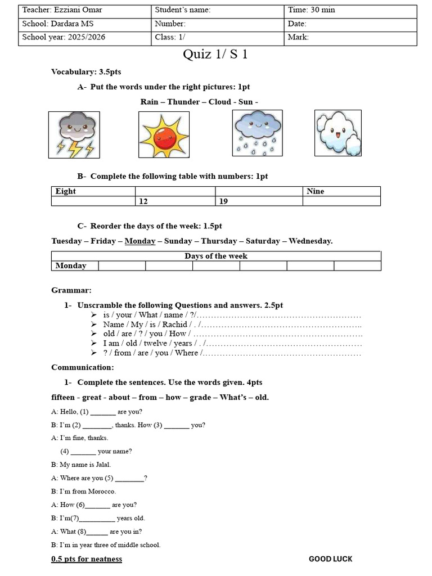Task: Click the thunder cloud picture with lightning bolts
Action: coord(74,134)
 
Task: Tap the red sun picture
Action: coord(164,134)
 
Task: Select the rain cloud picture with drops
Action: coord(257,133)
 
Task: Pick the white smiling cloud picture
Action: coord(337,133)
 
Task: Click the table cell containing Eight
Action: coord(93,191)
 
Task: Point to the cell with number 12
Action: coord(174,201)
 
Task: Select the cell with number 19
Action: coord(258,201)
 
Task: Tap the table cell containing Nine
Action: coord(341,191)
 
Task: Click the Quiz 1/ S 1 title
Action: coord(215,55)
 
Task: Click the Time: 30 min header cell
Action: coord(350,10)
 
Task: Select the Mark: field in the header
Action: coord(350,38)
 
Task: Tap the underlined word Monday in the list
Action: coord(139,241)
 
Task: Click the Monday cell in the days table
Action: coord(75,265)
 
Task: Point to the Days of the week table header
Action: coord(216,256)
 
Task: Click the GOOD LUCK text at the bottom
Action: coord(331,559)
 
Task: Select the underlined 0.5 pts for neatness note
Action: coord(87,559)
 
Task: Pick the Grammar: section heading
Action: coord(71,290)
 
